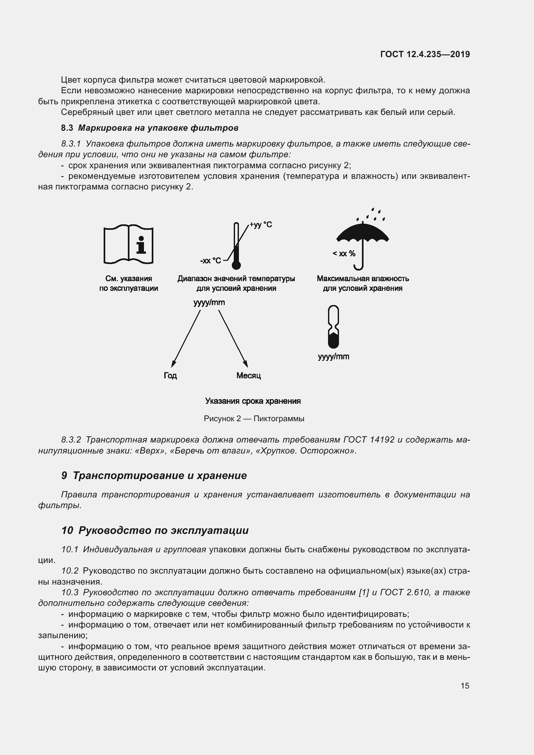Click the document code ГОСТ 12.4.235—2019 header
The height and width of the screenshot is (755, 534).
[425, 54]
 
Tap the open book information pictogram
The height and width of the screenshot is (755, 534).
[128, 244]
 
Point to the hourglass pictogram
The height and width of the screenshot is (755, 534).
[334, 327]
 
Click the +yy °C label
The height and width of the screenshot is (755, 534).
[261, 225]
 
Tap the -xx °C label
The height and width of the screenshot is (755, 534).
[211, 261]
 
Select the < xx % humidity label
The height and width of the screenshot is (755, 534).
[344, 253]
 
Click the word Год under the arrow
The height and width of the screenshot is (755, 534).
[170, 375]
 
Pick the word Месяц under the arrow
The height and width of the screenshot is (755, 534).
[249, 375]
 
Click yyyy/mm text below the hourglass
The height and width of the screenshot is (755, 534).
[334, 356]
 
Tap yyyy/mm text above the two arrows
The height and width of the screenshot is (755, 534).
[209, 302]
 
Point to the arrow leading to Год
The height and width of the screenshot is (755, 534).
[186, 339]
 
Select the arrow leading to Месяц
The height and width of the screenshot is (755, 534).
[233, 339]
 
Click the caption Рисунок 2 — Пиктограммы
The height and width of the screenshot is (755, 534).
[254, 419]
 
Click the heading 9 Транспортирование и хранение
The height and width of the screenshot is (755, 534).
[154, 475]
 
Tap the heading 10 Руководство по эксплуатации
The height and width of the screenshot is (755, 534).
[155, 530]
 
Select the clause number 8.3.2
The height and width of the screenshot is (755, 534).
[71, 440]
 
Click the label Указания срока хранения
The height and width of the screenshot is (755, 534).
[253, 401]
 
